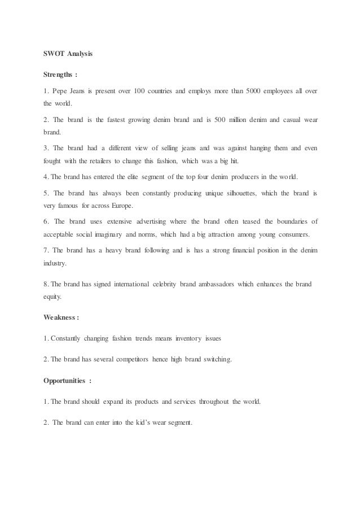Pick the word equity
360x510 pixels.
pos(55,297)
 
